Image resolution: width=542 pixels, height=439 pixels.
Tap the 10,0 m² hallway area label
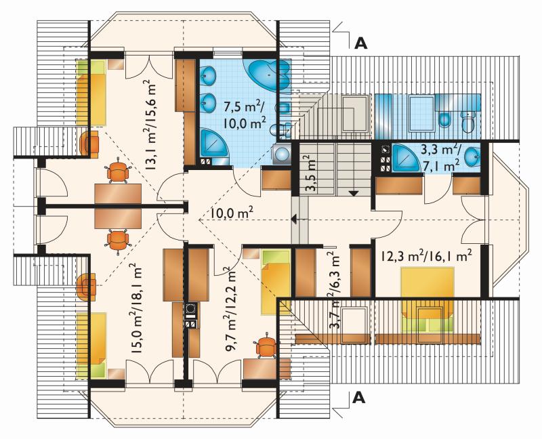[232, 213]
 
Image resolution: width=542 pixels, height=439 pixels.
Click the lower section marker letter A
[359, 398]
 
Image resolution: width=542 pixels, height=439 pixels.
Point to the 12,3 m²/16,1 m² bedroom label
[427, 256]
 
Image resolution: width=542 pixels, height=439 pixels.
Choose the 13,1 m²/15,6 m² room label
[150, 125]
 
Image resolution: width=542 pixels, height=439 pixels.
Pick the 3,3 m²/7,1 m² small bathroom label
[440, 158]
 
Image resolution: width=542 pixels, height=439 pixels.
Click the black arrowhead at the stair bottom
[353, 193]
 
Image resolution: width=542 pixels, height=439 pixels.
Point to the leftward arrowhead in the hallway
[294, 219]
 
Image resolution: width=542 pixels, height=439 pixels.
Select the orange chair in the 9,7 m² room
[266, 345]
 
